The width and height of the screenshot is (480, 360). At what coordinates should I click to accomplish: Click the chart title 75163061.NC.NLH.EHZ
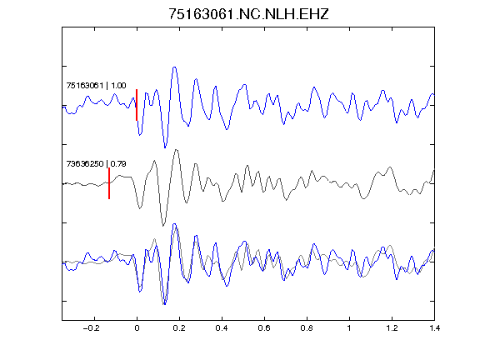248,14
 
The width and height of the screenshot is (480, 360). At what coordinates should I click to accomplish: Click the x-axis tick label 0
137,328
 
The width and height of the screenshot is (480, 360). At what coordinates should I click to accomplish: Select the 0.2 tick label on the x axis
179,328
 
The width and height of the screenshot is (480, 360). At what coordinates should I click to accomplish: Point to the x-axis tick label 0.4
222,328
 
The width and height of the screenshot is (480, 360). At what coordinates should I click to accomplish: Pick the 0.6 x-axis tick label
264,328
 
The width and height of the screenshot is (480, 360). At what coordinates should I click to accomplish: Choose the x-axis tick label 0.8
307,328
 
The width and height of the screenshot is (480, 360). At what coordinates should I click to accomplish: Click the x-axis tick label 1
349,328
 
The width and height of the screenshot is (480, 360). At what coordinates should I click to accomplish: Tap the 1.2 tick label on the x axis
392,328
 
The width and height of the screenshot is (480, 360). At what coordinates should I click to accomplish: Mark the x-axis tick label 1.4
434,328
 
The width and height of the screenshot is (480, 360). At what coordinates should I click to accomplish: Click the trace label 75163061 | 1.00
96,85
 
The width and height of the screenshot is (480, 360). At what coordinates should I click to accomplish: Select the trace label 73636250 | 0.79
96,164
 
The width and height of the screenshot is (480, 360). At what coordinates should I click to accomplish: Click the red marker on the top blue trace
137,105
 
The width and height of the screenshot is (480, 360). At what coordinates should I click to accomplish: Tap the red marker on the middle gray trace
109,183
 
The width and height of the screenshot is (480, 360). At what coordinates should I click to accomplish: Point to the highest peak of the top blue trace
174,67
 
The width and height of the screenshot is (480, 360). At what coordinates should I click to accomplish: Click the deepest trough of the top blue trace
165,147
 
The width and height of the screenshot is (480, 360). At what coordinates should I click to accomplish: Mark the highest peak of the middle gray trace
176,150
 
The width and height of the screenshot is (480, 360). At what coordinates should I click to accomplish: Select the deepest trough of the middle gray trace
163,225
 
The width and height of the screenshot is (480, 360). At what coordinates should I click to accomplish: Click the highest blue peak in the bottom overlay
174,224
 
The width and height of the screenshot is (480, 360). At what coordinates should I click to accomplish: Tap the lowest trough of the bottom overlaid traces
164,304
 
